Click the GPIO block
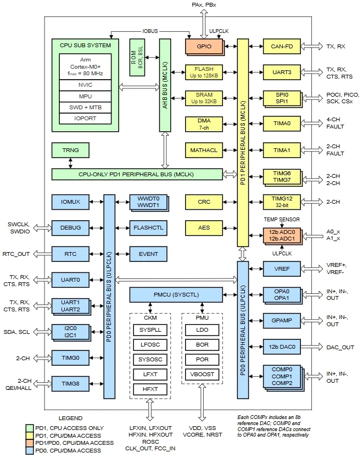[x=204, y=47]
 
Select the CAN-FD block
[x=282, y=47]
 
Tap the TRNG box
[x=70, y=150]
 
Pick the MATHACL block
[x=204, y=150]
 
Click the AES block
[x=204, y=227]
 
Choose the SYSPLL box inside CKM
[x=150, y=330]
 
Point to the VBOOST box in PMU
[x=202, y=374]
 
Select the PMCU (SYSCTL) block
[x=176, y=295]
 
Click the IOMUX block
[x=70, y=202]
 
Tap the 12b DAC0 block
[x=282, y=347]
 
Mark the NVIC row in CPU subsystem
[x=85, y=85]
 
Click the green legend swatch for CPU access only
[x=30, y=428]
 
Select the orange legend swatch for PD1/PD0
[x=30, y=443]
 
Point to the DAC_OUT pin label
[x=340, y=347]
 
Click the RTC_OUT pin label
[x=16, y=254]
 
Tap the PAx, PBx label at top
[x=204, y=5]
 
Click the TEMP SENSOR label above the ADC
[x=282, y=219]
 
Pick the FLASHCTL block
[x=148, y=227]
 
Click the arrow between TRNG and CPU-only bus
[x=70, y=163]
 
